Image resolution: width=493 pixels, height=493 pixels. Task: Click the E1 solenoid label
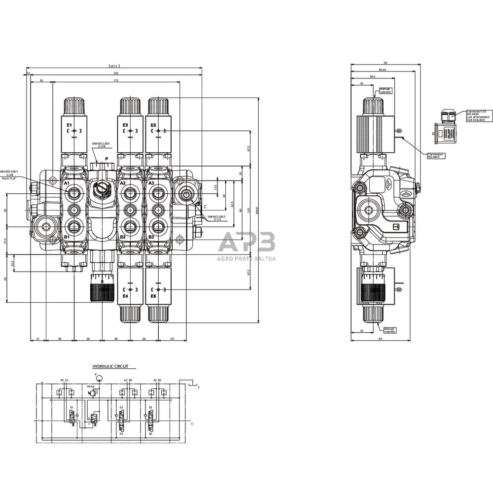tap(69, 125)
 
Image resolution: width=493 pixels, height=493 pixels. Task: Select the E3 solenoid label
tap(125, 125)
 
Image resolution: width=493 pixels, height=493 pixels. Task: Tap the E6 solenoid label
tap(153, 296)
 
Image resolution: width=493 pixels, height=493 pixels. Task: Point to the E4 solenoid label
tap(125, 296)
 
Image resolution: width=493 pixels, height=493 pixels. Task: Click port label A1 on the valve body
tap(67, 183)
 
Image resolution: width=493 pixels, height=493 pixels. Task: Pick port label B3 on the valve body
tap(152, 237)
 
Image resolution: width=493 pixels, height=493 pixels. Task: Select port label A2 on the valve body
tap(123, 183)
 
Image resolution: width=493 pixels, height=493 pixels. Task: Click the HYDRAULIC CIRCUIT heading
tap(110, 367)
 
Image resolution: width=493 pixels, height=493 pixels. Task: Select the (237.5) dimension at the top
tap(114, 66)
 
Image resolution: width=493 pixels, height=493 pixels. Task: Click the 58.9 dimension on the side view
tap(372, 76)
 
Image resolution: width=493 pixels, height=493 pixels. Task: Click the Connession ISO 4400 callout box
tap(435, 155)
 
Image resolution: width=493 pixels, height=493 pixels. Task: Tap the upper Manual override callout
tap(385, 90)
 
